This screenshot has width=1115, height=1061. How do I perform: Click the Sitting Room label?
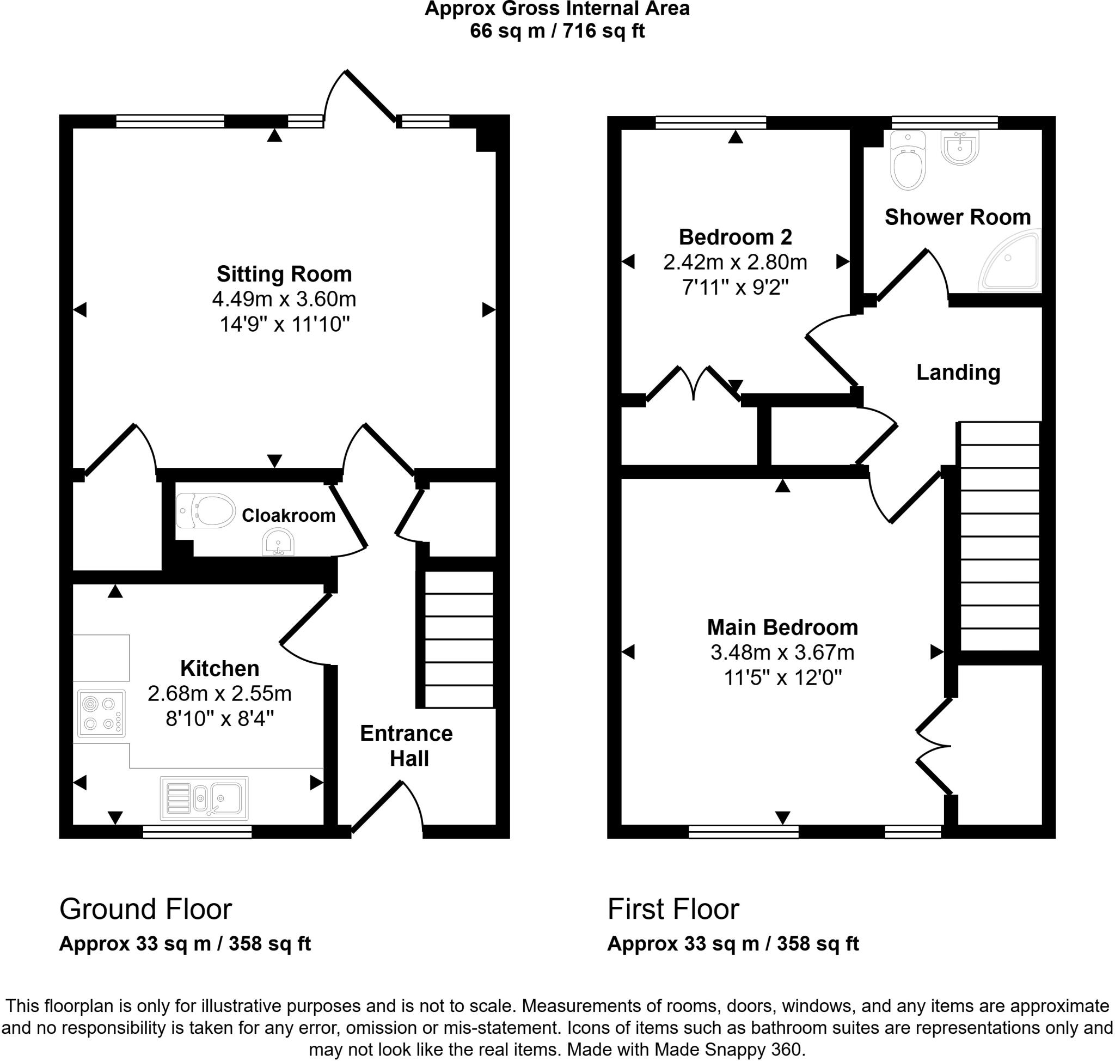(284, 275)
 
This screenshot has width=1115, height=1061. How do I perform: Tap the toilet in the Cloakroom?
(206, 510)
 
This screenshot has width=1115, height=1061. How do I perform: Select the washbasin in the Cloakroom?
(278, 542)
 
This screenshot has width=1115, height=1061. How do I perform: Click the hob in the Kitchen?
(102, 714)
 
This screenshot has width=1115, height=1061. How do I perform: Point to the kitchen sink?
(204, 798)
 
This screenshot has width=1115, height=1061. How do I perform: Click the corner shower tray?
(1011, 261)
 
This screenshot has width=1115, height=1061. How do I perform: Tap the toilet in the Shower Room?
(908, 160)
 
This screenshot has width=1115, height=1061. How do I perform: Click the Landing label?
(958, 372)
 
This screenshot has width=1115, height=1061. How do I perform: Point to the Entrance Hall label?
(407, 746)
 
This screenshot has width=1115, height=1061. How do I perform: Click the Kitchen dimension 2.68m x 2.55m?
(219, 693)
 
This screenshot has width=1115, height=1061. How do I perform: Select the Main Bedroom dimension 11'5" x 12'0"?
(783, 678)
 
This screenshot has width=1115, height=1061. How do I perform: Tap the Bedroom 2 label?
(735, 237)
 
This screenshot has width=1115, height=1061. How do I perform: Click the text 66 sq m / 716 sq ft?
(557, 31)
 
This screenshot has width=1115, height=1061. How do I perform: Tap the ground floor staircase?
(458, 639)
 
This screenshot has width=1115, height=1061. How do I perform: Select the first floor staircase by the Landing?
(1000, 536)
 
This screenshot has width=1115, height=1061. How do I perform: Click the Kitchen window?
(197, 831)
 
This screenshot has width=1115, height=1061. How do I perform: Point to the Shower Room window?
(944, 123)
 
